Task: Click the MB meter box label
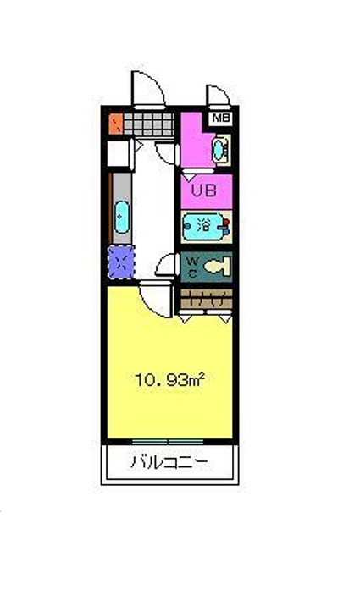221,119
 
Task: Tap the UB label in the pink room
203,190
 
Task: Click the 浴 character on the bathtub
203,225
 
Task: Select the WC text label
193,267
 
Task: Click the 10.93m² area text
169,380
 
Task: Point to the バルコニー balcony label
169,463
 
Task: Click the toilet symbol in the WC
217,267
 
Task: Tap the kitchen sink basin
122,217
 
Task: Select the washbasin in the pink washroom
219,150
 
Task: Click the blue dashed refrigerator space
121,262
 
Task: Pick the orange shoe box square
115,124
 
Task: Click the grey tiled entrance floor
148,124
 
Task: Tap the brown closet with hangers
207,299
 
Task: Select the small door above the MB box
219,95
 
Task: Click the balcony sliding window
168,442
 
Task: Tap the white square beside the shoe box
118,154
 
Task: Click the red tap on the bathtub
226,222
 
